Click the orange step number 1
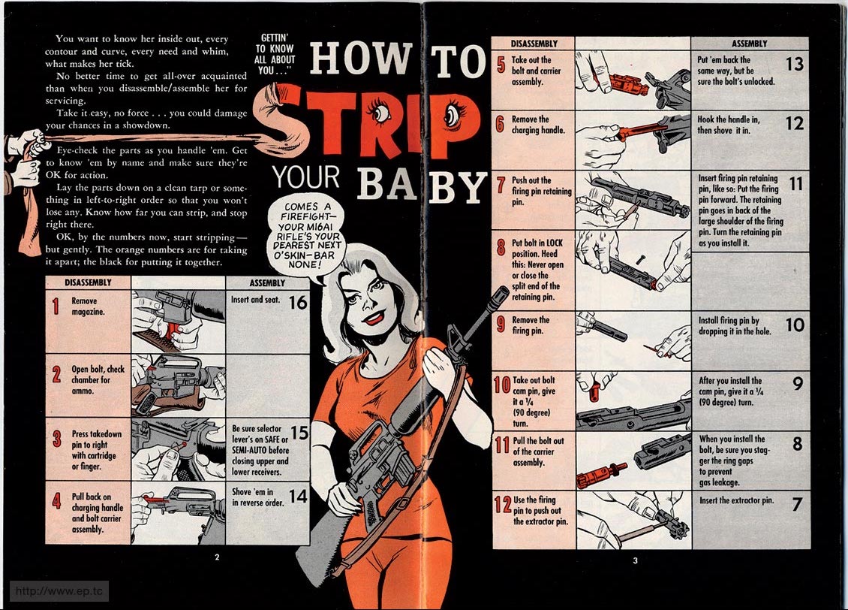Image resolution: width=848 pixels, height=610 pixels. [x=56, y=306]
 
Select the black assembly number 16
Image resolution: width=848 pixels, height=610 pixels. [x=298, y=302]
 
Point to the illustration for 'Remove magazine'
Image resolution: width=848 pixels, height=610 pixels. [x=178, y=322]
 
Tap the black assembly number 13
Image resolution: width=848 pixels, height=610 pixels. [x=795, y=65]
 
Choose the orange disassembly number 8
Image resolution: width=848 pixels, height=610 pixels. [x=501, y=248]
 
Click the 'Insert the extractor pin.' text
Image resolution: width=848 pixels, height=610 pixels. [x=736, y=500]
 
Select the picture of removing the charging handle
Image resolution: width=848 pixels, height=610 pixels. [x=633, y=140]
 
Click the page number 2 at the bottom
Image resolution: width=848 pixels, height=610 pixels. [x=217, y=557]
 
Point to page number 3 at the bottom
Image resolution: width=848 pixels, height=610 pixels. [x=635, y=560]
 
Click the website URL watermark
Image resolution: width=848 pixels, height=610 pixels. [x=59, y=590]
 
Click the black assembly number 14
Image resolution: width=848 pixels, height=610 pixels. [x=298, y=497]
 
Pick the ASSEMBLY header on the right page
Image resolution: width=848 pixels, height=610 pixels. [x=750, y=44]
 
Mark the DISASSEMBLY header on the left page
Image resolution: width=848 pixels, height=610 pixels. [x=88, y=282]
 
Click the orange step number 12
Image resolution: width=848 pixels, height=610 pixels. [x=502, y=505]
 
